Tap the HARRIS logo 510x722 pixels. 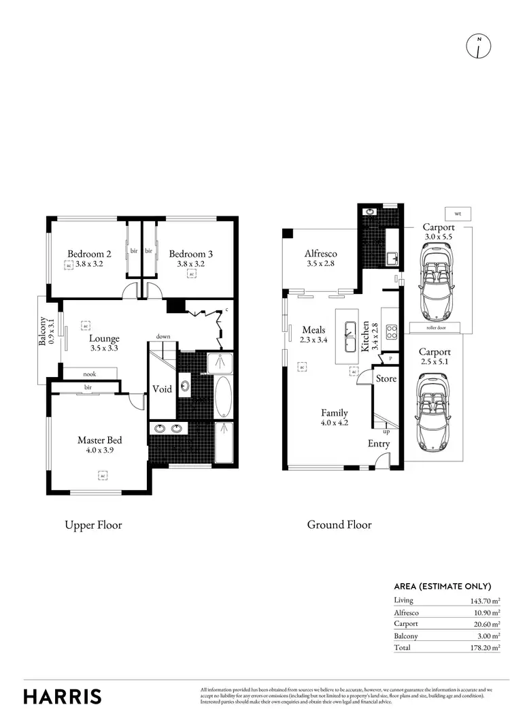tap(63, 696)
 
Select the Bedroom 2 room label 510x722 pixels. tap(85, 254)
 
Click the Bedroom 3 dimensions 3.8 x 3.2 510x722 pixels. tap(191, 264)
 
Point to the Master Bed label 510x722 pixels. tap(100, 440)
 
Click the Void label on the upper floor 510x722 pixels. tap(162, 389)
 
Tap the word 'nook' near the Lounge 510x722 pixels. tap(90, 374)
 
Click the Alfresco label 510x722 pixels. tap(320, 254)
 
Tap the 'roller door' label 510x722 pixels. tap(435, 327)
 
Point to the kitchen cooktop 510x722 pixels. tap(392, 333)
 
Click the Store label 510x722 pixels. tap(386, 378)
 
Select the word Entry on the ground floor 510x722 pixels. tap(379, 444)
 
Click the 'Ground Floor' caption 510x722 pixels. tap(339, 525)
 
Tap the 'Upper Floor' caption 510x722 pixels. tap(93, 525)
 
